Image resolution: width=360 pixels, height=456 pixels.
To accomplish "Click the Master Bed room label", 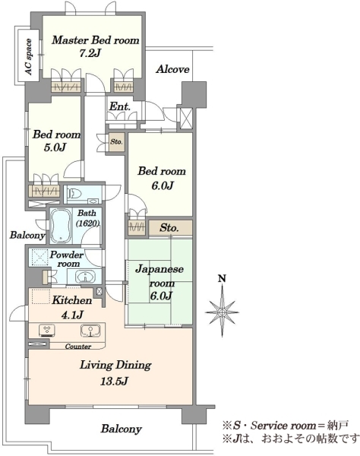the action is click(x=96, y=40).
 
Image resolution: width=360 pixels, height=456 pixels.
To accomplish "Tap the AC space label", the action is click(x=28, y=57).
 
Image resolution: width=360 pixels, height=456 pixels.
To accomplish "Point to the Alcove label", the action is click(x=172, y=69).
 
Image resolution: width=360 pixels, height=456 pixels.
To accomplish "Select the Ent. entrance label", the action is click(x=119, y=106).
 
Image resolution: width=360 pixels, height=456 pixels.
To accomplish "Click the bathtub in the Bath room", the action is click(x=61, y=226).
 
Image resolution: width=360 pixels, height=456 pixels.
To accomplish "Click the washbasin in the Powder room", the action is click(x=85, y=276).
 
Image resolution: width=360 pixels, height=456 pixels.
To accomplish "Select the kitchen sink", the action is click(x=90, y=331).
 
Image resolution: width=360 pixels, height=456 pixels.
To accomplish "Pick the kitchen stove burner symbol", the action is click(x=47, y=331).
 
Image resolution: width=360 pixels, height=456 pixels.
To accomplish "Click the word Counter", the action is click(x=78, y=347).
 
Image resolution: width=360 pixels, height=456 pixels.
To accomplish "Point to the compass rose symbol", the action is click(x=222, y=312).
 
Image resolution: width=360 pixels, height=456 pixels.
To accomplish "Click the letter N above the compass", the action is click(x=222, y=279).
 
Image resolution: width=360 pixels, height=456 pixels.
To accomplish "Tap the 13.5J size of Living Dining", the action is click(x=114, y=382).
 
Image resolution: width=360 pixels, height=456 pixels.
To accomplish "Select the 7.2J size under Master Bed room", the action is click(x=90, y=53).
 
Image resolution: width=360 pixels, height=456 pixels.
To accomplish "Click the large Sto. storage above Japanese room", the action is click(x=171, y=228).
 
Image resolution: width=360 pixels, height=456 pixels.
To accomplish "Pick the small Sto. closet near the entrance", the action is click(x=116, y=142).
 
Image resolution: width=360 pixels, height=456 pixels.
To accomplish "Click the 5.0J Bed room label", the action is click(x=56, y=141).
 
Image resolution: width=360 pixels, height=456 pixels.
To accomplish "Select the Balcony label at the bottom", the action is click(x=122, y=429).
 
